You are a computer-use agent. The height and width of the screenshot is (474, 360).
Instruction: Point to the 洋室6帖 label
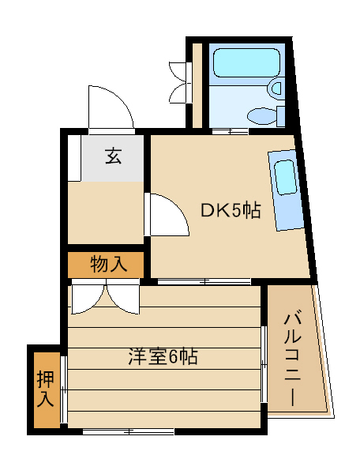click(x=163, y=356)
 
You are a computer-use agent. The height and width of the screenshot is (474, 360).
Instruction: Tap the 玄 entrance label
click(x=113, y=156)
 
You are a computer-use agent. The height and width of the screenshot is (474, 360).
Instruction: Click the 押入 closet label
click(x=45, y=389)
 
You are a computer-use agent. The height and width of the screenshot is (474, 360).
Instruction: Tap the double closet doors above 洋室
click(x=104, y=299)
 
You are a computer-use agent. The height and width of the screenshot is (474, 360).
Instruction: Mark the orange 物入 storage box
click(x=107, y=265)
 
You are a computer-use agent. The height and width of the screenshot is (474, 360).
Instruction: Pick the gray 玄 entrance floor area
click(x=113, y=159)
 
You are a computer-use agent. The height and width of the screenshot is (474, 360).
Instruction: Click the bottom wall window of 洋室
click(x=128, y=431)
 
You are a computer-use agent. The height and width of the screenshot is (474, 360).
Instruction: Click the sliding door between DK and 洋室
click(x=203, y=281)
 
